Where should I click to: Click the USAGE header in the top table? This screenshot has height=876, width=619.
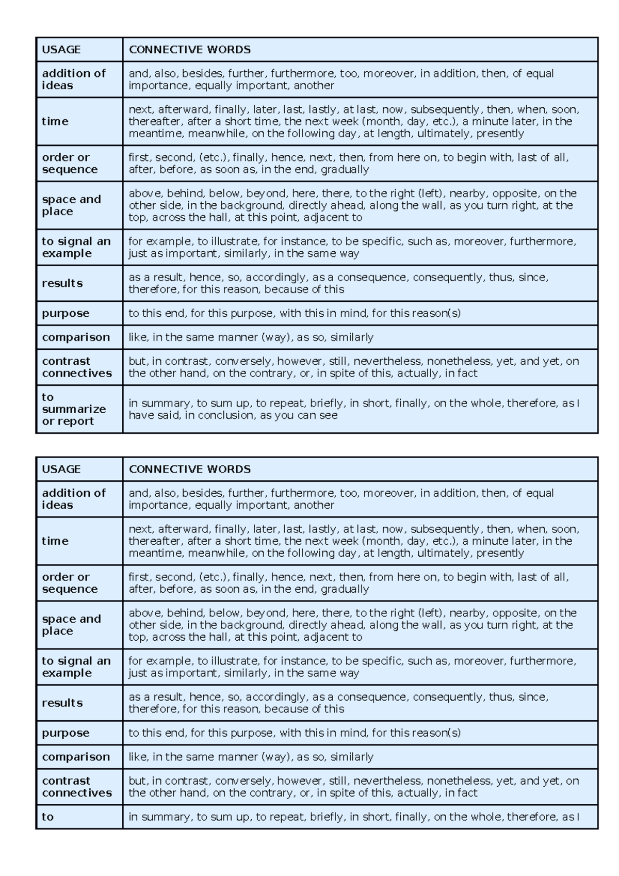(x=61, y=50)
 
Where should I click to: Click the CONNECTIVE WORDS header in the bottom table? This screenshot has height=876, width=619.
(x=189, y=469)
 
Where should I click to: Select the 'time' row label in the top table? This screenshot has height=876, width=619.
(x=55, y=121)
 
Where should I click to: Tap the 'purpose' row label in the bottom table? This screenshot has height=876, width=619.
(x=66, y=733)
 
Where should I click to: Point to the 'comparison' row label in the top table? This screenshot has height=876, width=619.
(x=76, y=337)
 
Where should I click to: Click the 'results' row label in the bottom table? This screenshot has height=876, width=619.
(x=62, y=703)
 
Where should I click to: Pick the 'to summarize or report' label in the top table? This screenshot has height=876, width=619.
(x=73, y=409)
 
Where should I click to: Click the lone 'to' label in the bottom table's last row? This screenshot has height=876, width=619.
(x=47, y=817)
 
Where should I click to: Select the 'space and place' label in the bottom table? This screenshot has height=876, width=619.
(x=71, y=625)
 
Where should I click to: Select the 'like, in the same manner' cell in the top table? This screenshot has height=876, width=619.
(x=251, y=337)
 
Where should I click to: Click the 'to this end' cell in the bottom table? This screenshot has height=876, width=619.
(x=294, y=733)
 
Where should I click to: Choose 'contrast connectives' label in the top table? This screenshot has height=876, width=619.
(x=76, y=367)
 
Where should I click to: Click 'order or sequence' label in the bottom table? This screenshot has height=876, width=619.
(x=69, y=583)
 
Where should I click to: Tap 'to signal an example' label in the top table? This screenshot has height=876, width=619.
(x=76, y=247)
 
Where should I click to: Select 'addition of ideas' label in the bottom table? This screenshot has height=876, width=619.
(x=73, y=499)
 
